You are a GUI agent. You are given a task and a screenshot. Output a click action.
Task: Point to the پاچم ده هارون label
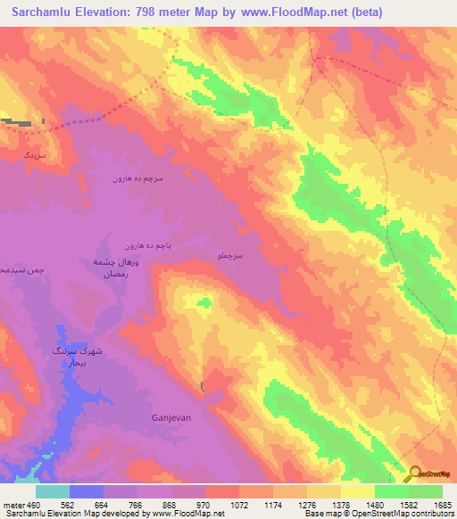pos(145,245)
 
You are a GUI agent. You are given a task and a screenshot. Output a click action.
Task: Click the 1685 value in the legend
pos(442,504)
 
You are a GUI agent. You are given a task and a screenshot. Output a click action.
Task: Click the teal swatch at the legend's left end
pos(53,491)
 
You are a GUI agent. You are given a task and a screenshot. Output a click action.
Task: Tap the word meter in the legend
pos(12,504)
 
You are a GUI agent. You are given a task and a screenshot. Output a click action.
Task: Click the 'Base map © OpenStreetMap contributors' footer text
pos(379,514)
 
